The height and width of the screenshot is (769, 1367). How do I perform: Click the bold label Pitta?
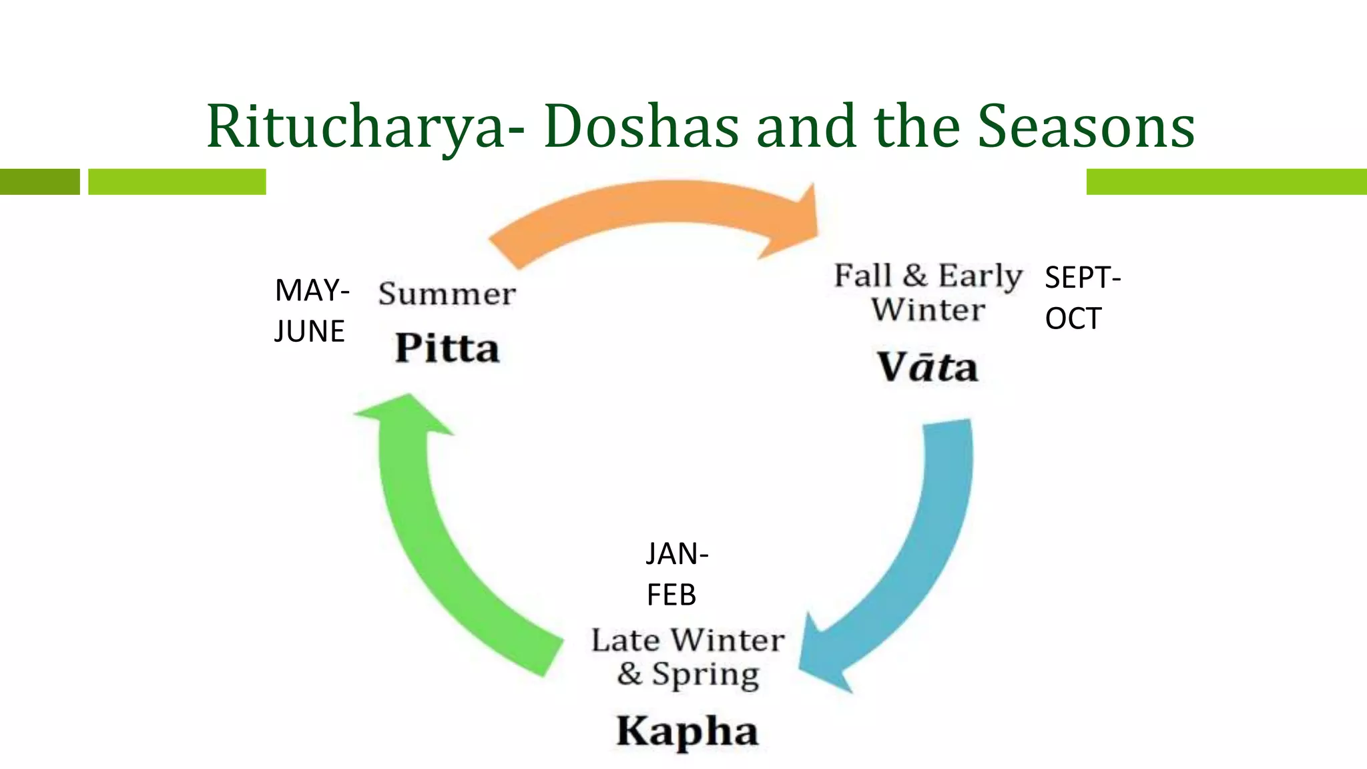[x=447, y=348]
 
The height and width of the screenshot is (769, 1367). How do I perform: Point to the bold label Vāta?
[x=927, y=367]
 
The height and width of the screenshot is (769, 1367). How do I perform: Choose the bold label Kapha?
[x=687, y=730]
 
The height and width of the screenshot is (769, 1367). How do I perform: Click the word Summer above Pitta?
[x=447, y=294]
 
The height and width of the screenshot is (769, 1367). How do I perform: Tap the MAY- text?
[x=312, y=291]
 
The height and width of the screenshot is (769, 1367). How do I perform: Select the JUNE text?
[x=309, y=332]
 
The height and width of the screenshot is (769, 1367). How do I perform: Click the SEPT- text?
[x=1082, y=278]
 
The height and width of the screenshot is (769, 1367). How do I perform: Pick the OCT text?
[x=1073, y=319]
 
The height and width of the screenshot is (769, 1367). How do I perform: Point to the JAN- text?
[x=677, y=554]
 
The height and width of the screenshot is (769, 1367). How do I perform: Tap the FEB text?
[x=671, y=595]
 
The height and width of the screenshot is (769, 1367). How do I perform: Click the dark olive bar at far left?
[x=39, y=182]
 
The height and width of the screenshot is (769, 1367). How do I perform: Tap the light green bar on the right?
[x=1225, y=182]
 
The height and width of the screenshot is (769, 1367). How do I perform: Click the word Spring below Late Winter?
[x=705, y=674]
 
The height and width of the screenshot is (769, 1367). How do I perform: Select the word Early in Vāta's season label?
[x=979, y=276]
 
